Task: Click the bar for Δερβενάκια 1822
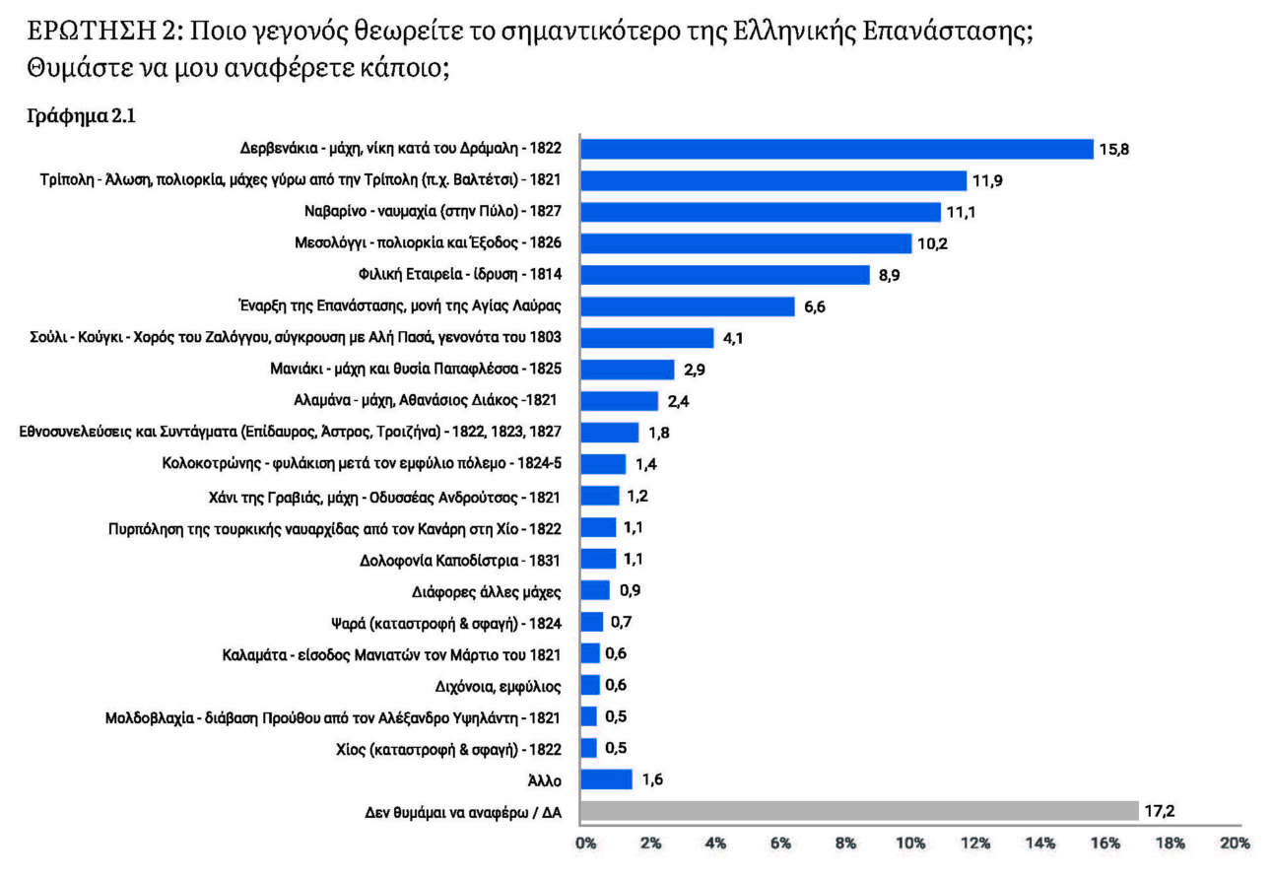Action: point(836,149)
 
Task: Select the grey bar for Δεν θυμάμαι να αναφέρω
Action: point(859,812)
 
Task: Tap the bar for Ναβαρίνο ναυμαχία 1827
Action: point(761,212)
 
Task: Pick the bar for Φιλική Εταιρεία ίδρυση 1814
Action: point(725,275)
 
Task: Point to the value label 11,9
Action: point(988,181)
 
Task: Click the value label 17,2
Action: point(1160,812)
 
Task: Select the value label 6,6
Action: point(815,307)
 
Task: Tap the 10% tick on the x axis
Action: point(909,844)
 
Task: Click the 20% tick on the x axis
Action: point(1234,844)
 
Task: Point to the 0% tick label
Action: point(585,844)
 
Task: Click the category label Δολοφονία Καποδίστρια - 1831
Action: point(460,561)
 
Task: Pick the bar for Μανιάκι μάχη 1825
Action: point(628,370)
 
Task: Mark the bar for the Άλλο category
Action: point(606,779)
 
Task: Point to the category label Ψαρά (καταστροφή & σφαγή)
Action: point(445,624)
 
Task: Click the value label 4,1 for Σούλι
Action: point(734,339)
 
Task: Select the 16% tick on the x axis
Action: point(1104,844)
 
